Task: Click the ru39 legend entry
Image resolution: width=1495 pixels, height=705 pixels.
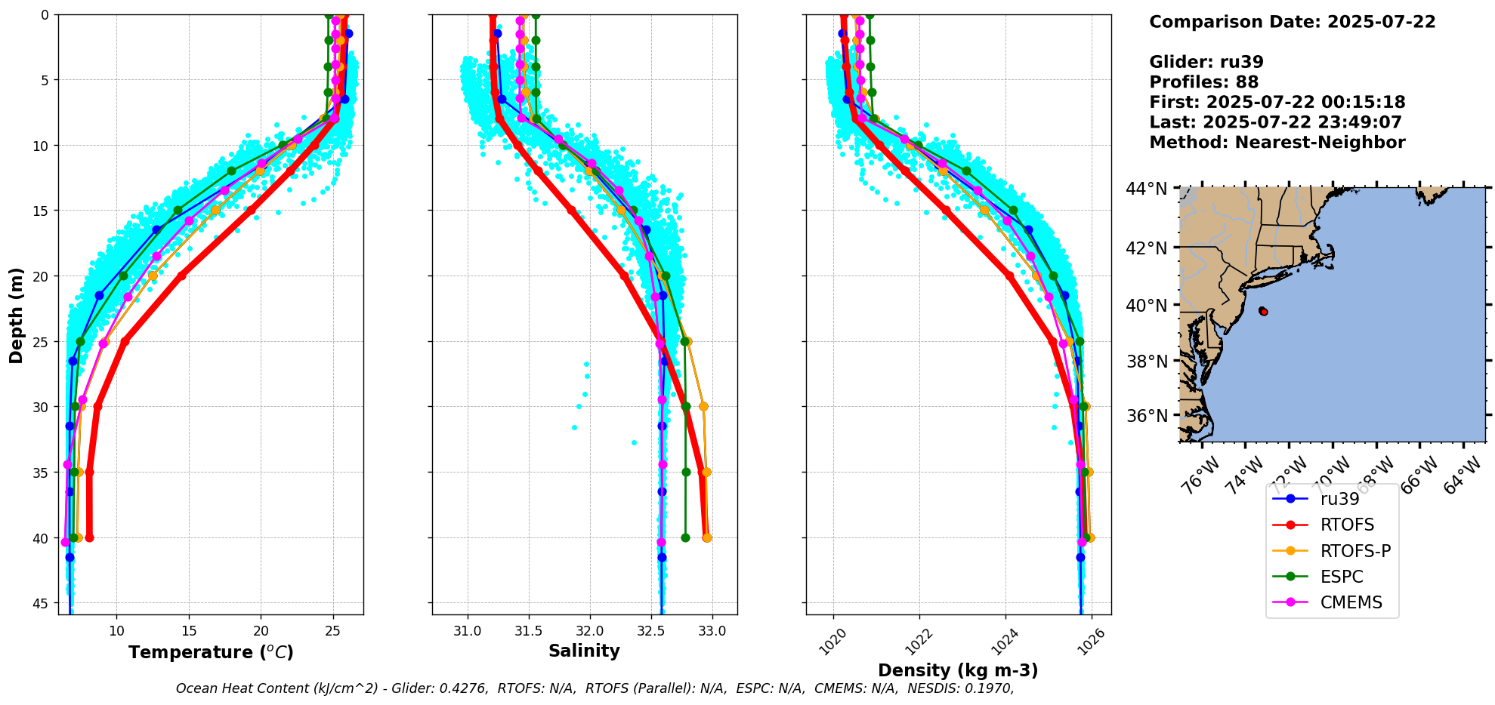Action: pyautogui.click(x=1339, y=499)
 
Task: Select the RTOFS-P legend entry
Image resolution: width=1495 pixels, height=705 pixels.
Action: pyautogui.click(x=1355, y=551)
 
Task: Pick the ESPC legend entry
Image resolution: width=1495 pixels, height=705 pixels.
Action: pyautogui.click(x=1342, y=577)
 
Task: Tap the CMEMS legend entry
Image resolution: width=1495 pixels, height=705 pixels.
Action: pyautogui.click(x=1351, y=602)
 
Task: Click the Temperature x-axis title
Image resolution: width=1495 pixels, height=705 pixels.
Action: pyautogui.click(x=211, y=652)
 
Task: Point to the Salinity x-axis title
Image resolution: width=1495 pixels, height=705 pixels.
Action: pyautogui.click(x=584, y=651)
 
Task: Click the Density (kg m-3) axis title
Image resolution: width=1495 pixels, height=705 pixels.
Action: pyautogui.click(x=958, y=670)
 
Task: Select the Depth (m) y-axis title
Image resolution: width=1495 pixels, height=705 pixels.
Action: pyautogui.click(x=17, y=315)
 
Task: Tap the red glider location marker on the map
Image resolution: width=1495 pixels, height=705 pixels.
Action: pyautogui.click(x=1263, y=311)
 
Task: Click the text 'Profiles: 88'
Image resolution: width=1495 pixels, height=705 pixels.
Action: pyautogui.click(x=1203, y=82)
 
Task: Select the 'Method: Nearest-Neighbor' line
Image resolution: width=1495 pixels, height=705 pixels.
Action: pyautogui.click(x=1277, y=143)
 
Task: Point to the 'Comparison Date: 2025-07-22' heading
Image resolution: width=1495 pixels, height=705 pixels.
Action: pyautogui.click(x=1292, y=22)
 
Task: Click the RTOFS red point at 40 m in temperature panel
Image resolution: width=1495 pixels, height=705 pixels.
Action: pyautogui.click(x=89, y=538)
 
